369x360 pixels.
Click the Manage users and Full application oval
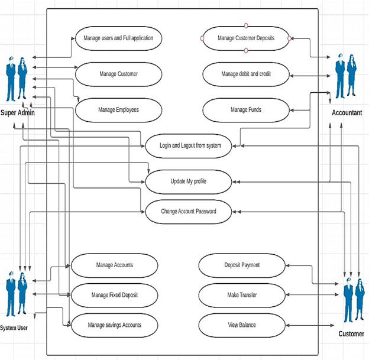coord(118,38)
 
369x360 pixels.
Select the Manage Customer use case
coord(118,74)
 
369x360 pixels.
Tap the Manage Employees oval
coord(118,109)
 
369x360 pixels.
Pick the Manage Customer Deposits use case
coord(246,38)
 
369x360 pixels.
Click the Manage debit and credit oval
coord(246,74)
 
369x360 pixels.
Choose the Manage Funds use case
coord(246,109)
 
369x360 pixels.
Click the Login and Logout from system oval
coord(190,145)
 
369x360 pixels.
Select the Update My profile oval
coord(189,181)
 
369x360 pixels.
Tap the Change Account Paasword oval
coord(189,211)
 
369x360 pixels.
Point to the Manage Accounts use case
coord(114,265)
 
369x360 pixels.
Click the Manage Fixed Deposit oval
coord(114,295)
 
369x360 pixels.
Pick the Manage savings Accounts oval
coord(114,325)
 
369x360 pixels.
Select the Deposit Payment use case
coord(242,265)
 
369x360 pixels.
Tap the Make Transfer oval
coord(242,295)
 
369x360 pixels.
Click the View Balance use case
coord(242,325)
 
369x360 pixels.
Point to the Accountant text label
coord(347,112)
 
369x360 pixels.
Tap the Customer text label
coord(351,334)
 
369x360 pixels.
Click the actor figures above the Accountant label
coord(346,76)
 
